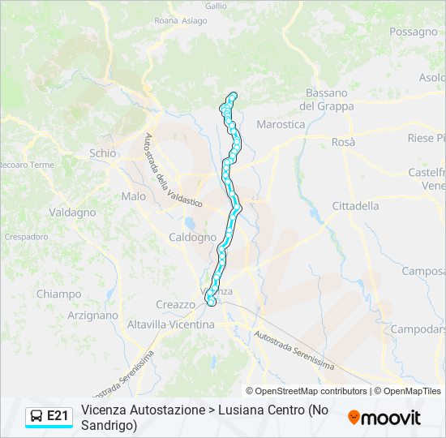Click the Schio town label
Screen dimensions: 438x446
pyautogui.click(x=103, y=153)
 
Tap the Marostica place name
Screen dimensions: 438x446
pyautogui.click(x=280, y=124)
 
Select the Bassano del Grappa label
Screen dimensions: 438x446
pyautogui.click(x=326, y=100)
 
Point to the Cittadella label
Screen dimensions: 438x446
pyautogui.click(x=355, y=206)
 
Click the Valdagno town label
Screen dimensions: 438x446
pyautogui.click(x=72, y=213)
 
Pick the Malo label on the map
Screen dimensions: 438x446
pyautogui.click(x=133, y=196)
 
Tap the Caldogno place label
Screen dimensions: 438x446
pyautogui.click(x=192, y=238)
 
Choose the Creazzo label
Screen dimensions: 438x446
pyautogui.click(x=175, y=304)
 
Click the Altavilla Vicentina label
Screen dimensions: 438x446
pyautogui.click(x=170, y=324)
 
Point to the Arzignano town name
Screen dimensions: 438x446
pyautogui.click(x=92, y=316)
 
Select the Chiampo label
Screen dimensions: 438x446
pyautogui.click(x=58, y=294)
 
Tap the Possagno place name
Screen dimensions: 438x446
pyautogui.click(x=413, y=32)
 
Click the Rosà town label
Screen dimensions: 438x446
pyautogui.click(x=343, y=142)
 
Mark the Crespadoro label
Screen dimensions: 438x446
pyautogui.click(x=26, y=236)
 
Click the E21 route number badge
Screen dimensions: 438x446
pyautogui.click(x=58, y=416)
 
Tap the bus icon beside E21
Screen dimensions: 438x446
pyautogui.click(x=36, y=416)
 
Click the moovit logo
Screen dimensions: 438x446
pyautogui.click(x=384, y=418)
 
